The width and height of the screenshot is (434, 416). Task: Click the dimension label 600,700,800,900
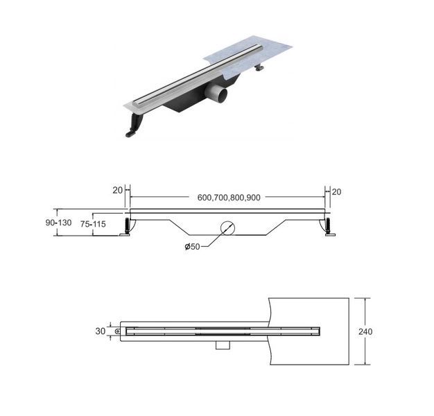pyautogui.click(x=229, y=198)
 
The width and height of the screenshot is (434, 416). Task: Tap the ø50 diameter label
pyautogui.click(x=192, y=246)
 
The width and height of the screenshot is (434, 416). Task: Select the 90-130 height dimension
pyautogui.click(x=58, y=223)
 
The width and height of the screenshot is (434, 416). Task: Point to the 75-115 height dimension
pyautogui.click(x=93, y=224)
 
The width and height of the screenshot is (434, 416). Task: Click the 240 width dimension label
pyautogui.click(x=365, y=331)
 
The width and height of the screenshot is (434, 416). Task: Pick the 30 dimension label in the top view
pyautogui.click(x=101, y=331)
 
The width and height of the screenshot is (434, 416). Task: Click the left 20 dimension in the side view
pyautogui.click(x=117, y=191)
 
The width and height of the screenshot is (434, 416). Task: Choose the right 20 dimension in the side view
pyautogui.click(x=336, y=192)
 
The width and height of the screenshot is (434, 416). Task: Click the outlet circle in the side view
pyautogui.click(x=227, y=228)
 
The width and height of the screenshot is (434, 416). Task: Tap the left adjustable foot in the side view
pyautogui.click(x=126, y=227)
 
